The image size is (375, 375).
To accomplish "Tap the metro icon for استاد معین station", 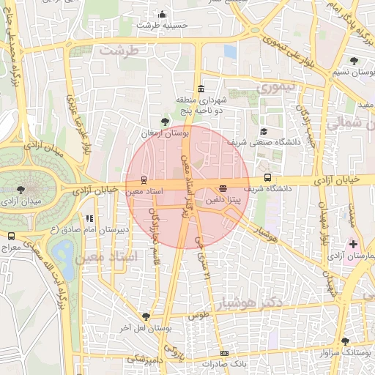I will point(144,179).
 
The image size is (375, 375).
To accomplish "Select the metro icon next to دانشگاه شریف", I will point(267,177).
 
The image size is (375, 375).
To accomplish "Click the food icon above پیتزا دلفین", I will point(223,188).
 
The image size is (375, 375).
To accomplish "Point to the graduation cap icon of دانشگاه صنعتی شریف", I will point(264,132).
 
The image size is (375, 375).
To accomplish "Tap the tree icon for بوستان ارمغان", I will point(165,122).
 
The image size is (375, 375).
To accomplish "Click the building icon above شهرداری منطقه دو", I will point(201,89).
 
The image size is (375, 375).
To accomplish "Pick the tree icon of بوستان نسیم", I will point(354,62).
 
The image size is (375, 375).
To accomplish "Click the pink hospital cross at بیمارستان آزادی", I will point(354,244).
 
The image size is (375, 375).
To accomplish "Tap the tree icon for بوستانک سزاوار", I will point(345,341).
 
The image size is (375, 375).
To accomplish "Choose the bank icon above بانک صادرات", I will point(224,353).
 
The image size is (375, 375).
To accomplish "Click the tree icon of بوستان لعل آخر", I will point(146,316).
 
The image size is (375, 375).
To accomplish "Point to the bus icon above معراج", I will point(11,236).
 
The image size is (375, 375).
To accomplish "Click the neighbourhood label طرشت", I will point(119,51).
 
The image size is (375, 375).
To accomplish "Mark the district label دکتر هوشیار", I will point(261,302).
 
